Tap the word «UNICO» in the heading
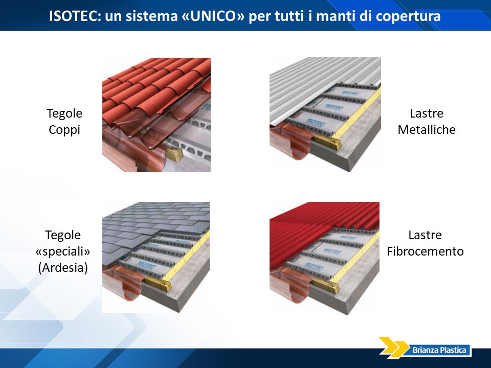[x=213, y=16]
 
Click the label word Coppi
[x=64, y=129]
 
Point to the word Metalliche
[x=427, y=129]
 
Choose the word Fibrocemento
[x=425, y=251]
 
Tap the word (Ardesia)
[x=63, y=267]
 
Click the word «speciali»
[x=63, y=251]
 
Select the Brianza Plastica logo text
[x=439, y=350]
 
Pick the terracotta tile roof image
[x=157, y=115]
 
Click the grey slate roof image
[x=156, y=257]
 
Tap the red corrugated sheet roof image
[x=324, y=258]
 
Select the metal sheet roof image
[x=325, y=114]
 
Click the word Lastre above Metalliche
[x=427, y=113]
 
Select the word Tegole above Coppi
[x=64, y=113]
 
